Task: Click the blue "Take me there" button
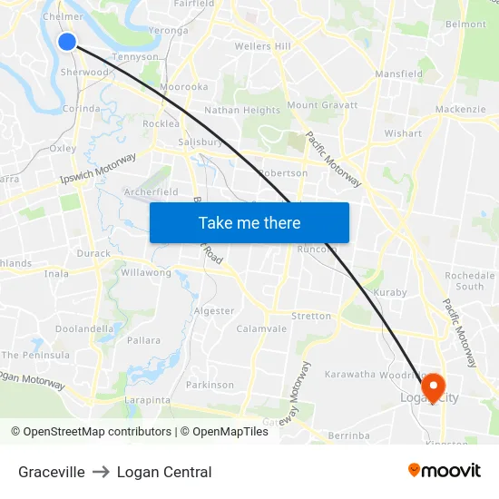249,222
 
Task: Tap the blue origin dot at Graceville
67,41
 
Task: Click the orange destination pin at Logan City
433,388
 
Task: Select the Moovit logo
444,471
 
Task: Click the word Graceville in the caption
52,472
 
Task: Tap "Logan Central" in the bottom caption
164,472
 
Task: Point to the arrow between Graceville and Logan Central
101,472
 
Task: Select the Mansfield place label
399,74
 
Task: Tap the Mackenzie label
461,110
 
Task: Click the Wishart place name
403,133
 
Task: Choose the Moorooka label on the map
184,87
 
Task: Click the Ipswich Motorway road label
98,168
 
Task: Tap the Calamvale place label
261,328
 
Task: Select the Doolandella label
84,328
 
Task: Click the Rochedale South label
470,280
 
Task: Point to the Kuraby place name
390,292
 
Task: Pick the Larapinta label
147,399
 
